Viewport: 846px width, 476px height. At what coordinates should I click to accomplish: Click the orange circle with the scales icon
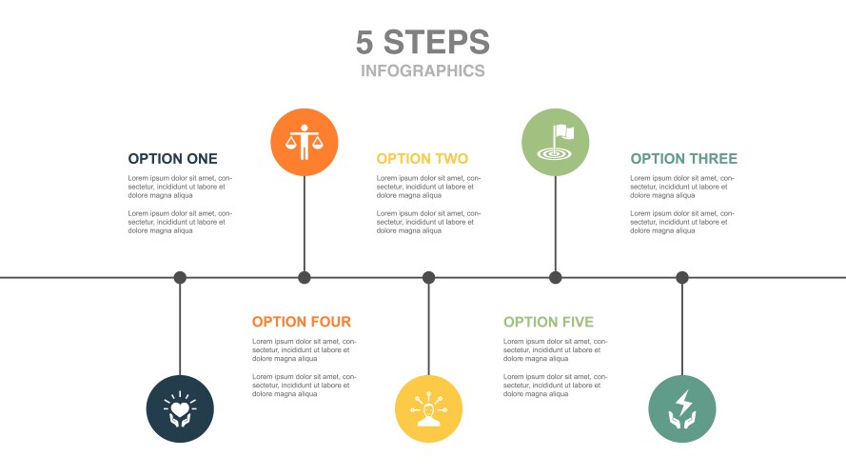click(x=305, y=143)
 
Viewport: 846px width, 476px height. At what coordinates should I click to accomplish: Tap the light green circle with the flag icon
click(x=555, y=143)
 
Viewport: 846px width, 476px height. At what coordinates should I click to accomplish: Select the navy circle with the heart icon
click(x=180, y=409)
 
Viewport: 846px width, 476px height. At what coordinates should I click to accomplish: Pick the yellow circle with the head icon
click(x=428, y=409)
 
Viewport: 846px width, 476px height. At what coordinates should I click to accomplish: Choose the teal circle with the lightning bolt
click(x=682, y=409)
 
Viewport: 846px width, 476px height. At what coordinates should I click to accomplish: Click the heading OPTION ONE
click(x=172, y=159)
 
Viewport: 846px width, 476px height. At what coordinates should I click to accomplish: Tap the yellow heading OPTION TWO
click(x=422, y=159)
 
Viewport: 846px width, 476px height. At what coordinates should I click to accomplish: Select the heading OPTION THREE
click(x=683, y=159)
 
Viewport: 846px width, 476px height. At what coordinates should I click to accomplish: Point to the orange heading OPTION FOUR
click(x=302, y=322)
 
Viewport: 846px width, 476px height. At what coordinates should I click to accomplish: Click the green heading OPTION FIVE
click(x=548, y=322)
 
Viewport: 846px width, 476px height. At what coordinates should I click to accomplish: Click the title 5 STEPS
click(x=423, y=42)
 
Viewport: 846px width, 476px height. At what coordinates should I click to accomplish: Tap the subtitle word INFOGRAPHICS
click(x=423, y=70)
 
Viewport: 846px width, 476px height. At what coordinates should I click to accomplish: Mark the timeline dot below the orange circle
click(x=305, y=278)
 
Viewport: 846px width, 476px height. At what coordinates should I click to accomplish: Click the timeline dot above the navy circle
click(x=180, y=278)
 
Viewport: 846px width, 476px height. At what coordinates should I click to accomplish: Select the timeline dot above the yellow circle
click(x=428, y=278)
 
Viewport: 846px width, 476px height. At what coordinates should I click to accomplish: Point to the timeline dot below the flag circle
click(x=555, y=278)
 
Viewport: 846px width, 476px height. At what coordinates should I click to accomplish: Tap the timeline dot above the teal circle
click(x=682, y=278)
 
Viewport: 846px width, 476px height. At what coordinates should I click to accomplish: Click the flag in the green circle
click(x=563, y=132)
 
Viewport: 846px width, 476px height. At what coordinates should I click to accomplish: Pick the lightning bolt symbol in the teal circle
click(x=683, y=402)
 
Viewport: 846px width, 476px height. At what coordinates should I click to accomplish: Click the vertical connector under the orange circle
click(x=305, y=224)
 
